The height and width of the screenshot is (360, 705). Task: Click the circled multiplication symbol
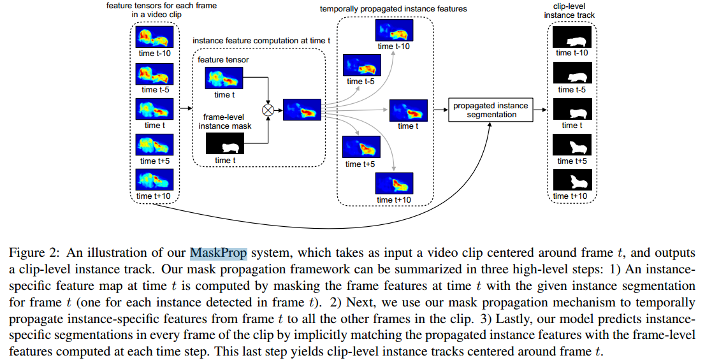pos(268,110)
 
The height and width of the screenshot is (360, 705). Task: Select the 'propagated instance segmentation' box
pos(490,110)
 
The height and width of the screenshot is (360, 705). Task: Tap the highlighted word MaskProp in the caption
pos(219,252)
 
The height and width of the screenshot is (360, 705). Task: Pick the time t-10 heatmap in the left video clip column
pos(155,37)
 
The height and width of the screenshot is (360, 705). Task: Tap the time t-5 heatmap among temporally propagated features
pos(362,66)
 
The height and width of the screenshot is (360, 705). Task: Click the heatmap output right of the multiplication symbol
pos(302,110)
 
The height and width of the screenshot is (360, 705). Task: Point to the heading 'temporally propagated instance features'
pos(385,9)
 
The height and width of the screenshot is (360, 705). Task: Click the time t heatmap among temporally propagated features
pos(408,110)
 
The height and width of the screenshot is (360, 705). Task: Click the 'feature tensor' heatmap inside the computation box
pos(223,79)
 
